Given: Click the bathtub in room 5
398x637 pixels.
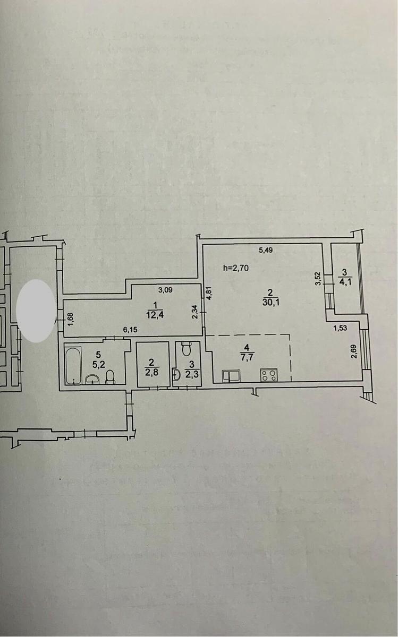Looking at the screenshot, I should tap(72, 364).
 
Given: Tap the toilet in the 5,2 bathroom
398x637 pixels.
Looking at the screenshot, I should tap(110, 376).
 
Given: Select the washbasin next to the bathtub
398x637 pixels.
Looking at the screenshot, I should tap(93, 379).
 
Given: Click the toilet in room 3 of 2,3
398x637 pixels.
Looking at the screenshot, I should tap(185, 349).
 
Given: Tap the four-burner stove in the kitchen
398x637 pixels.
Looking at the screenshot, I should tap(268, 375).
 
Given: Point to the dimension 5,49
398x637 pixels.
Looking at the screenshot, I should tap(266, 251).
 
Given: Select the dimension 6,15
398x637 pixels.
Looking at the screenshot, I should tap(130, 330).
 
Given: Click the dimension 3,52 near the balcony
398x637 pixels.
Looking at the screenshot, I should tap(318, 279).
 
